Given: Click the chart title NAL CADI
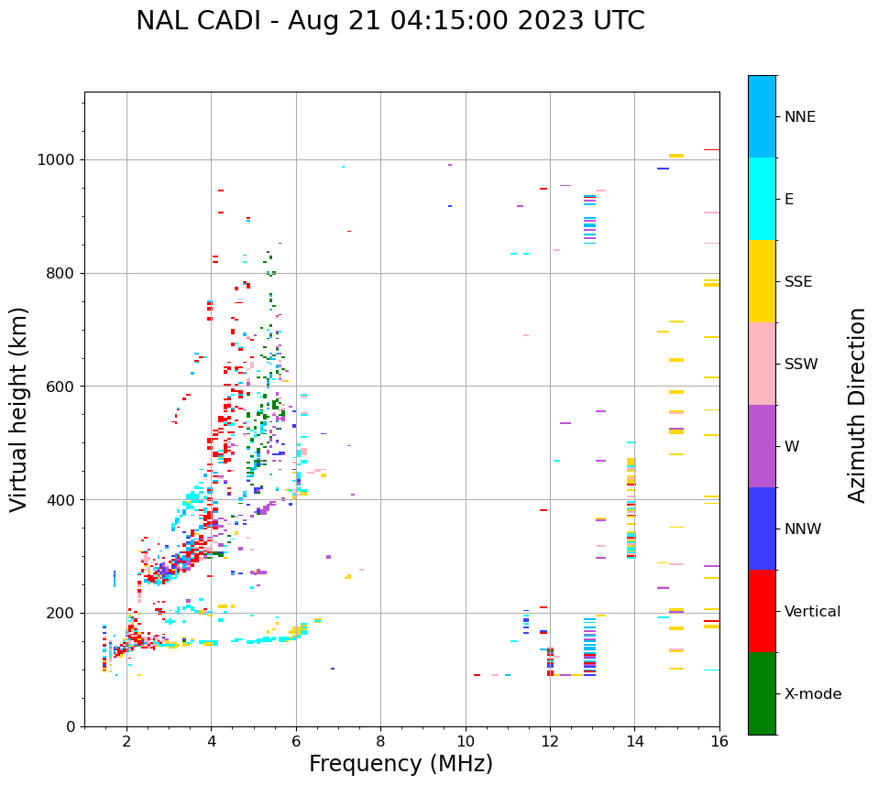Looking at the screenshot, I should point(390,21).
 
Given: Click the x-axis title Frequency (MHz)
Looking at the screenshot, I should point(401,764).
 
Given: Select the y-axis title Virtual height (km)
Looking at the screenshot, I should point(19,409).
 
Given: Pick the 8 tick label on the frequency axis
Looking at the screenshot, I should point(380,742).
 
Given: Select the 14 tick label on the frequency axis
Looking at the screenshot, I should point(634,742).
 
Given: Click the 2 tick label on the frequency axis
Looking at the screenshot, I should point(126,742).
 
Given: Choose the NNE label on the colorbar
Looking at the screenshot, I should point(799,117).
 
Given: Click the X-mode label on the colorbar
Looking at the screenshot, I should point(812,694).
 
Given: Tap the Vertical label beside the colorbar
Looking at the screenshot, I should point(812,612).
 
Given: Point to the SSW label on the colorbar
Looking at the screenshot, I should point(801,365).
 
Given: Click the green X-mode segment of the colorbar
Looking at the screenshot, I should point(762,693).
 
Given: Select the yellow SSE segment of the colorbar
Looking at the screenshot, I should point(762,281).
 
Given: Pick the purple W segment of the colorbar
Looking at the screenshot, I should point(762,446).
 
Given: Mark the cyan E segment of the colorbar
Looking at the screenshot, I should point(762,199).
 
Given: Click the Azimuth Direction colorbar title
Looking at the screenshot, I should point(858,405).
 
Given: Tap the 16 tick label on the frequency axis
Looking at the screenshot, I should point(719,742).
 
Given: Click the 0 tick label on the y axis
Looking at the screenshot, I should point(70,726).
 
